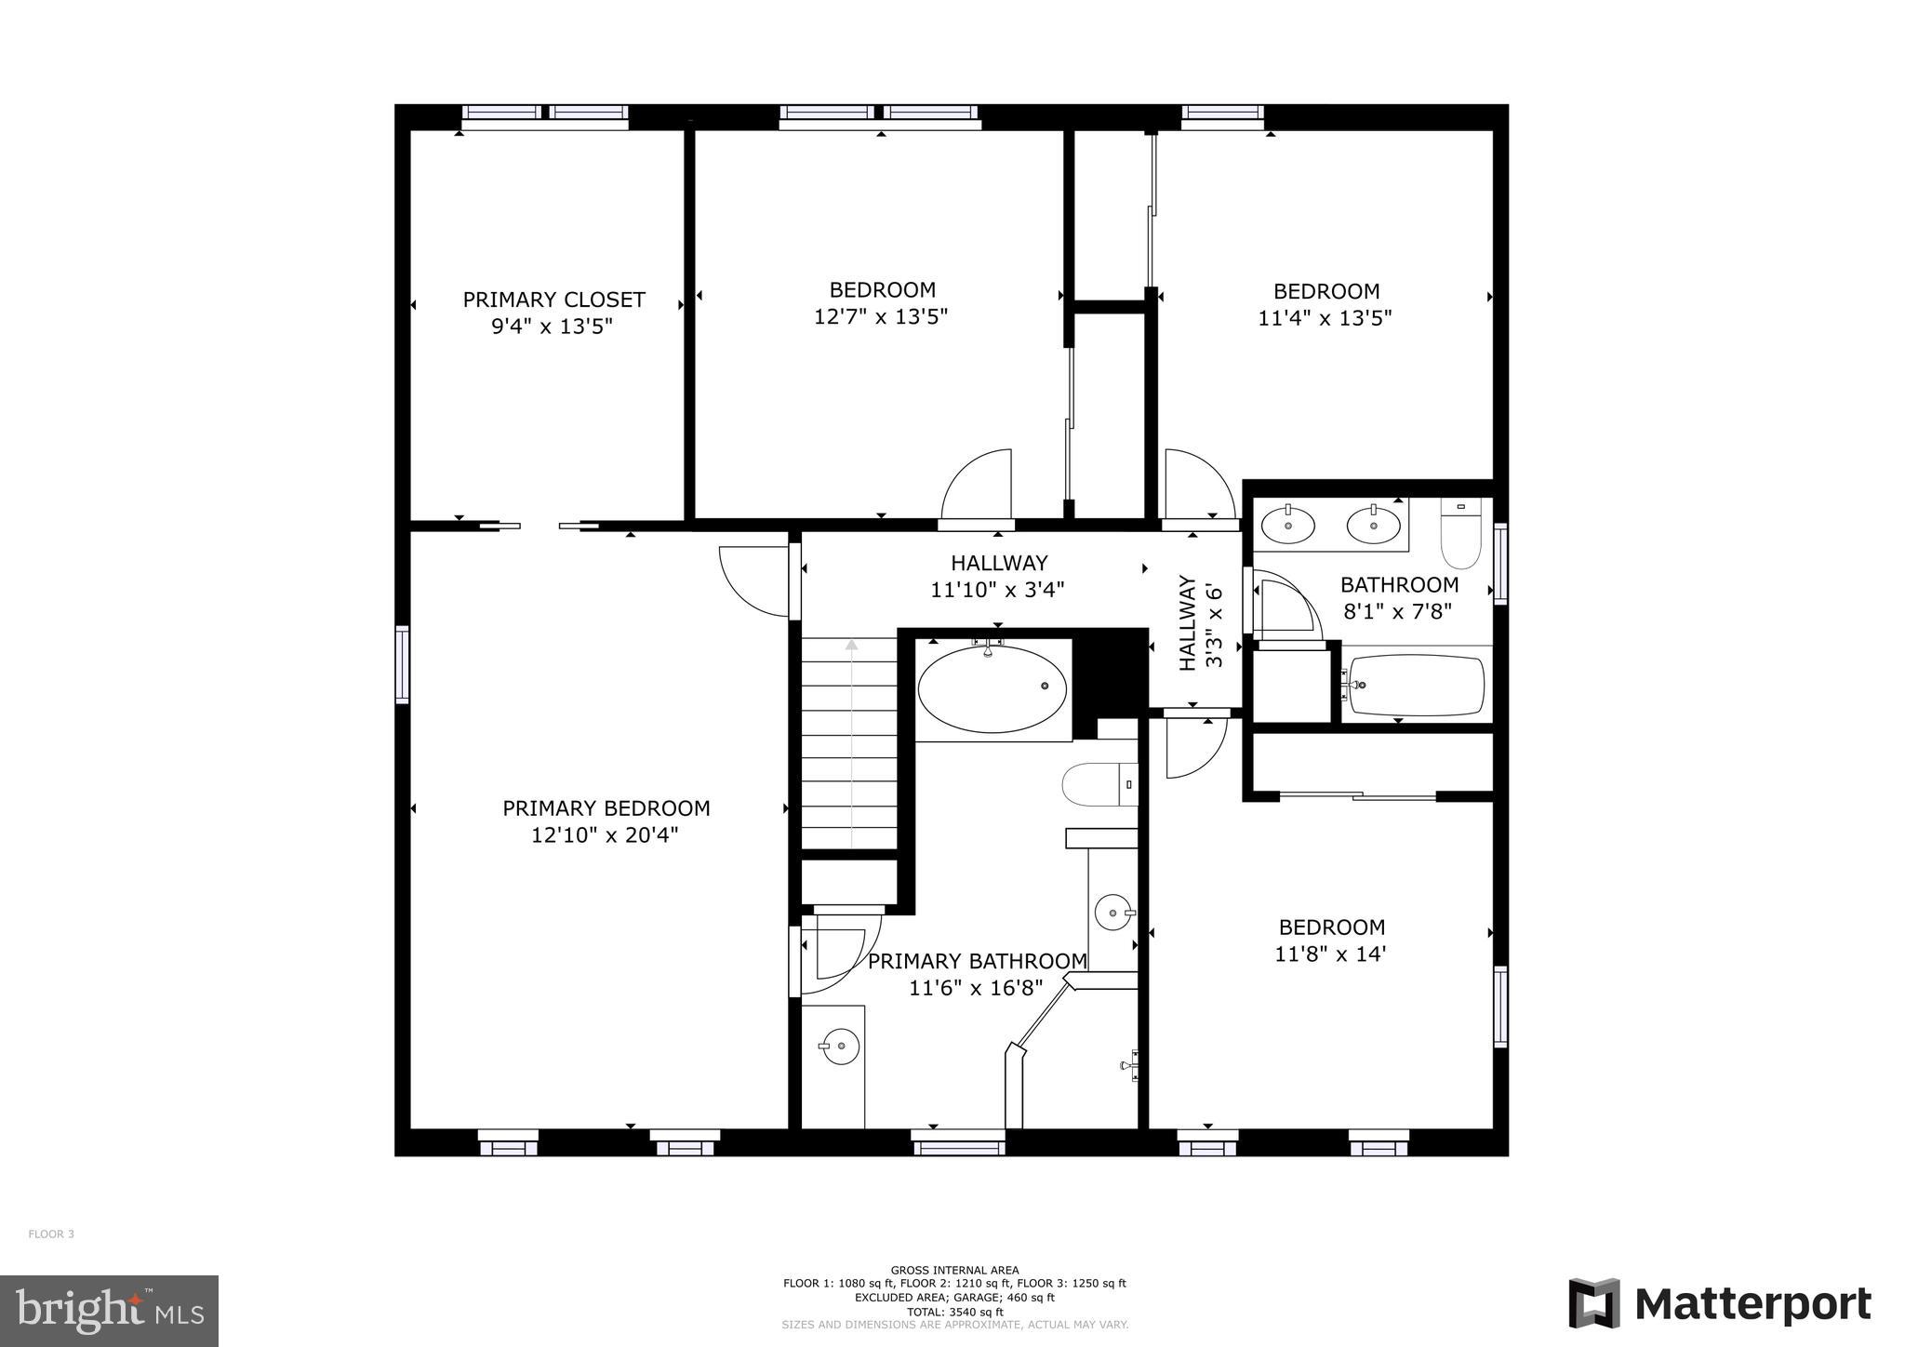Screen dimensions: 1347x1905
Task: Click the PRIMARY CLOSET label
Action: pos(553,300)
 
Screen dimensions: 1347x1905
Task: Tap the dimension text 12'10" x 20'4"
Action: pos(605,835)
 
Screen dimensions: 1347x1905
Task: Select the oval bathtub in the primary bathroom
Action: pos(992,689)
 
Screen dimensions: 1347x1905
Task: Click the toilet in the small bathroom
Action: pos(1460,534)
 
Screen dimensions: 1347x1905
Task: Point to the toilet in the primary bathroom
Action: pos(1099,784)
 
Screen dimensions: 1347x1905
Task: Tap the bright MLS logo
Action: pos(109,1311)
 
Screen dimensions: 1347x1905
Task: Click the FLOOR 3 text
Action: pos(51,1234)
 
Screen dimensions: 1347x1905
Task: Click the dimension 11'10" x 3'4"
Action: pos(997,590)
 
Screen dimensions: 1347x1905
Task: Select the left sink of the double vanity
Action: pos(1287,525)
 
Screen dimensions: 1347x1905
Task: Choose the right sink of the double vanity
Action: pos(1373,525)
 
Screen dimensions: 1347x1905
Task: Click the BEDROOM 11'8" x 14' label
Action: pos(1331,940)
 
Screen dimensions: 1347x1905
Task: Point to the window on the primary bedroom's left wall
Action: pos(402,664)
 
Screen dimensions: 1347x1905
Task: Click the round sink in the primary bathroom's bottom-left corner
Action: pos(839,1046)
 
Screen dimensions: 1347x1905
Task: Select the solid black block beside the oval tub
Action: pos(1111,672)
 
